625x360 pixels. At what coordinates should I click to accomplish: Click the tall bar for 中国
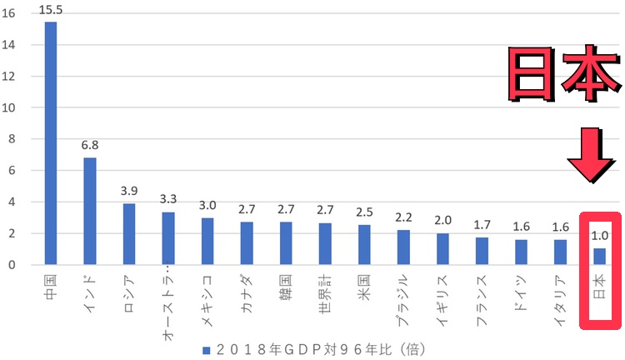click(x=51, y=143)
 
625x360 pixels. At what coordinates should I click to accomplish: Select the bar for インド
click(x=90, y=211)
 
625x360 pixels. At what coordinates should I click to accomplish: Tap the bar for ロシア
click(x=129, y=234)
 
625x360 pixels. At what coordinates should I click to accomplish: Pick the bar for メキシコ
click(x=207, y=242)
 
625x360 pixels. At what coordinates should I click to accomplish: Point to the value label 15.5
click(x=52, y=10)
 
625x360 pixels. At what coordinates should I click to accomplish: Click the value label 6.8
click(x=90, y=146)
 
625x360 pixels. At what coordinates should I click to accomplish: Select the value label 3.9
click(x=129, y=192)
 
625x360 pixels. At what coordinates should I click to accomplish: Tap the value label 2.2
click(x=403, y=218)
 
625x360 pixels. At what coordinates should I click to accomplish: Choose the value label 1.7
click(x=482, y=226)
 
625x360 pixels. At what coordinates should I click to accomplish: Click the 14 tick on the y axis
click(x=12, y=45)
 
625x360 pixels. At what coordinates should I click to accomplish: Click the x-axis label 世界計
click(x=326, y=292)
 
